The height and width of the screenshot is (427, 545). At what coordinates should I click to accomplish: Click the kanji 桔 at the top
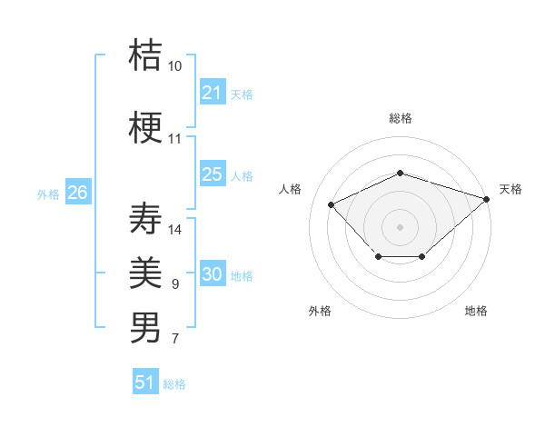click(146, 55)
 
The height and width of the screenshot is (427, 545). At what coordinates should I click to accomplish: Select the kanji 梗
click(146, 128)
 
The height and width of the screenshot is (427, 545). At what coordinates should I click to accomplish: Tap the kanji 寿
click(146, 219)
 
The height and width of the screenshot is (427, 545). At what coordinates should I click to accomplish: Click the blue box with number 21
click(212, 93)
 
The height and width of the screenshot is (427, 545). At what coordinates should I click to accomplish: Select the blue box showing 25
click(212, 174)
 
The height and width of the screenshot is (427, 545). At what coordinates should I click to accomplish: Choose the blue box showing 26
click(77, 193)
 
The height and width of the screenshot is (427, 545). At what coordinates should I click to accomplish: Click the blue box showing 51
click(145, 382)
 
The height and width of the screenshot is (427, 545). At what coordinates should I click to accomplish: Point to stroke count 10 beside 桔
click(175, 66)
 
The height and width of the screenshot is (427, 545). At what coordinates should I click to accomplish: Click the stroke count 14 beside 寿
click(175, 230)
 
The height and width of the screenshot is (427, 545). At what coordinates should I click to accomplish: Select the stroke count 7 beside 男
click(175, 339)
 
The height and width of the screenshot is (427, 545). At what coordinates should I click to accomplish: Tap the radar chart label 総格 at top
click(401, 118)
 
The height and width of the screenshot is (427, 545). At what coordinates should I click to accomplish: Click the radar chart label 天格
click(510, 189)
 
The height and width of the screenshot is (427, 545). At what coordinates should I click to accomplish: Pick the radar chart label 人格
click(291, 189)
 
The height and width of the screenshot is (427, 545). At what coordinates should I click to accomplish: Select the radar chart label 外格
click(320, 311)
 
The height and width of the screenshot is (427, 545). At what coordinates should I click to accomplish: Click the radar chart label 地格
click(476, 311)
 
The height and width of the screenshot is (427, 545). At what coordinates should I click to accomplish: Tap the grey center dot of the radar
click(400, 226)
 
